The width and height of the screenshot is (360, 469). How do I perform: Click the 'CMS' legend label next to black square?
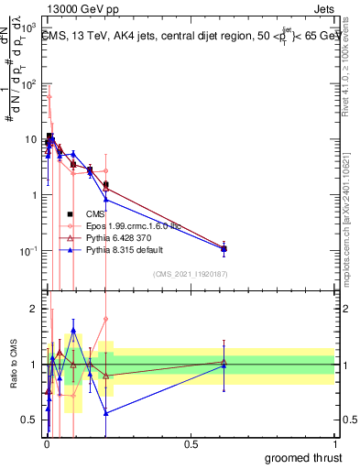pos(94,213)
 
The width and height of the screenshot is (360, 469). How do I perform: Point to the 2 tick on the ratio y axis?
pos(33,309)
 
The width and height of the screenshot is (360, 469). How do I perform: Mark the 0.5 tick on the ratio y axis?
pos(29,420)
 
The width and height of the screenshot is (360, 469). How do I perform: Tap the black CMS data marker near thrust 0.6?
pos(224,248)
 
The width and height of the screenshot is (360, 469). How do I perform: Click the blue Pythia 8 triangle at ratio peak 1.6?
pos(73,331)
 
